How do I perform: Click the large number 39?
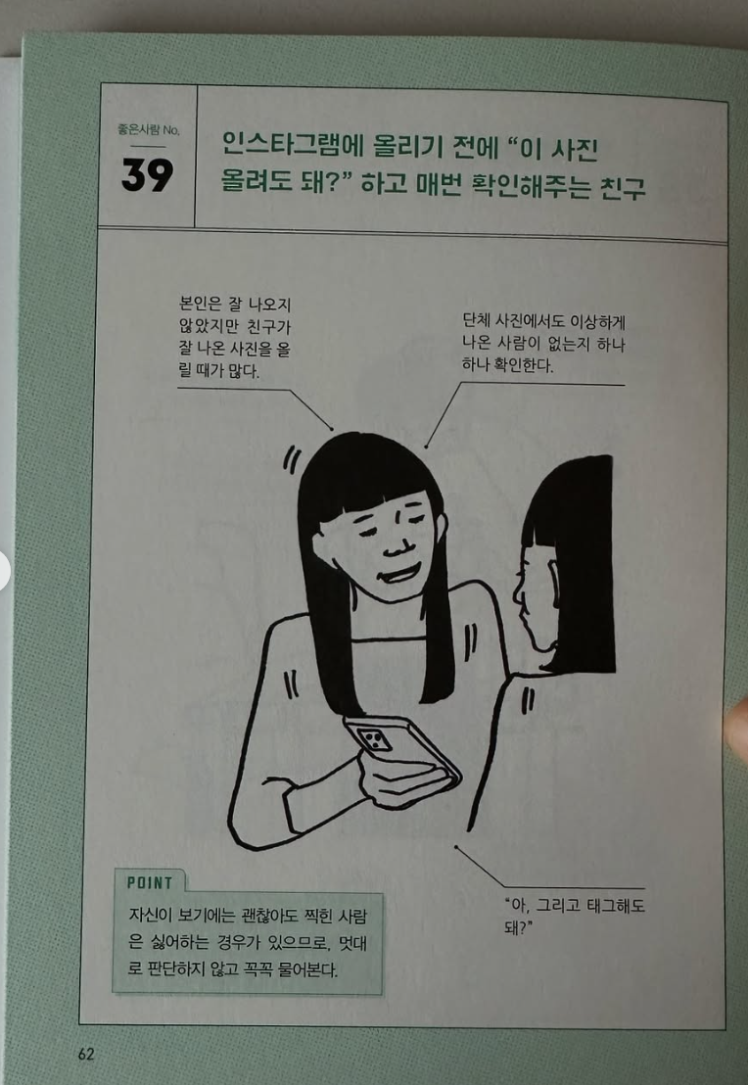[x=147, y=174]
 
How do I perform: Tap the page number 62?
[x=86, y=1054]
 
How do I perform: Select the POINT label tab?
[x=150, y=883]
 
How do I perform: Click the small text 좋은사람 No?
[x=148, y=129]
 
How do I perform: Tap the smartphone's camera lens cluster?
[x=374, y=738]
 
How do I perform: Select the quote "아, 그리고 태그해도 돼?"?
[x=574, y=915]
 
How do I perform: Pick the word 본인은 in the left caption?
[x=198, y=304]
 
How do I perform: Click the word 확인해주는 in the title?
[x=527, y=187]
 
